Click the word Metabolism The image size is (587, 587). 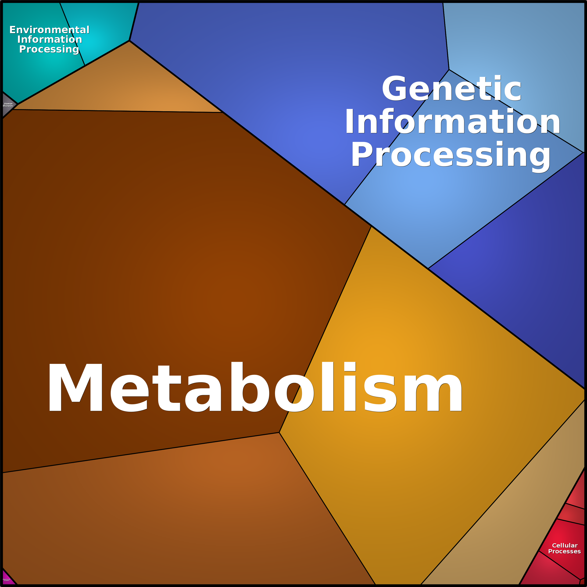click(255, 387)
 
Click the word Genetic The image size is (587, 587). click(451, 89)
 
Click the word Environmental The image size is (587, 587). click(49, 30)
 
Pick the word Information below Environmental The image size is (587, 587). click(50, 39)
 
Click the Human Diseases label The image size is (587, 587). click(8, 105)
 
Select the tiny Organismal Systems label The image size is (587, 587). click(6, 580)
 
